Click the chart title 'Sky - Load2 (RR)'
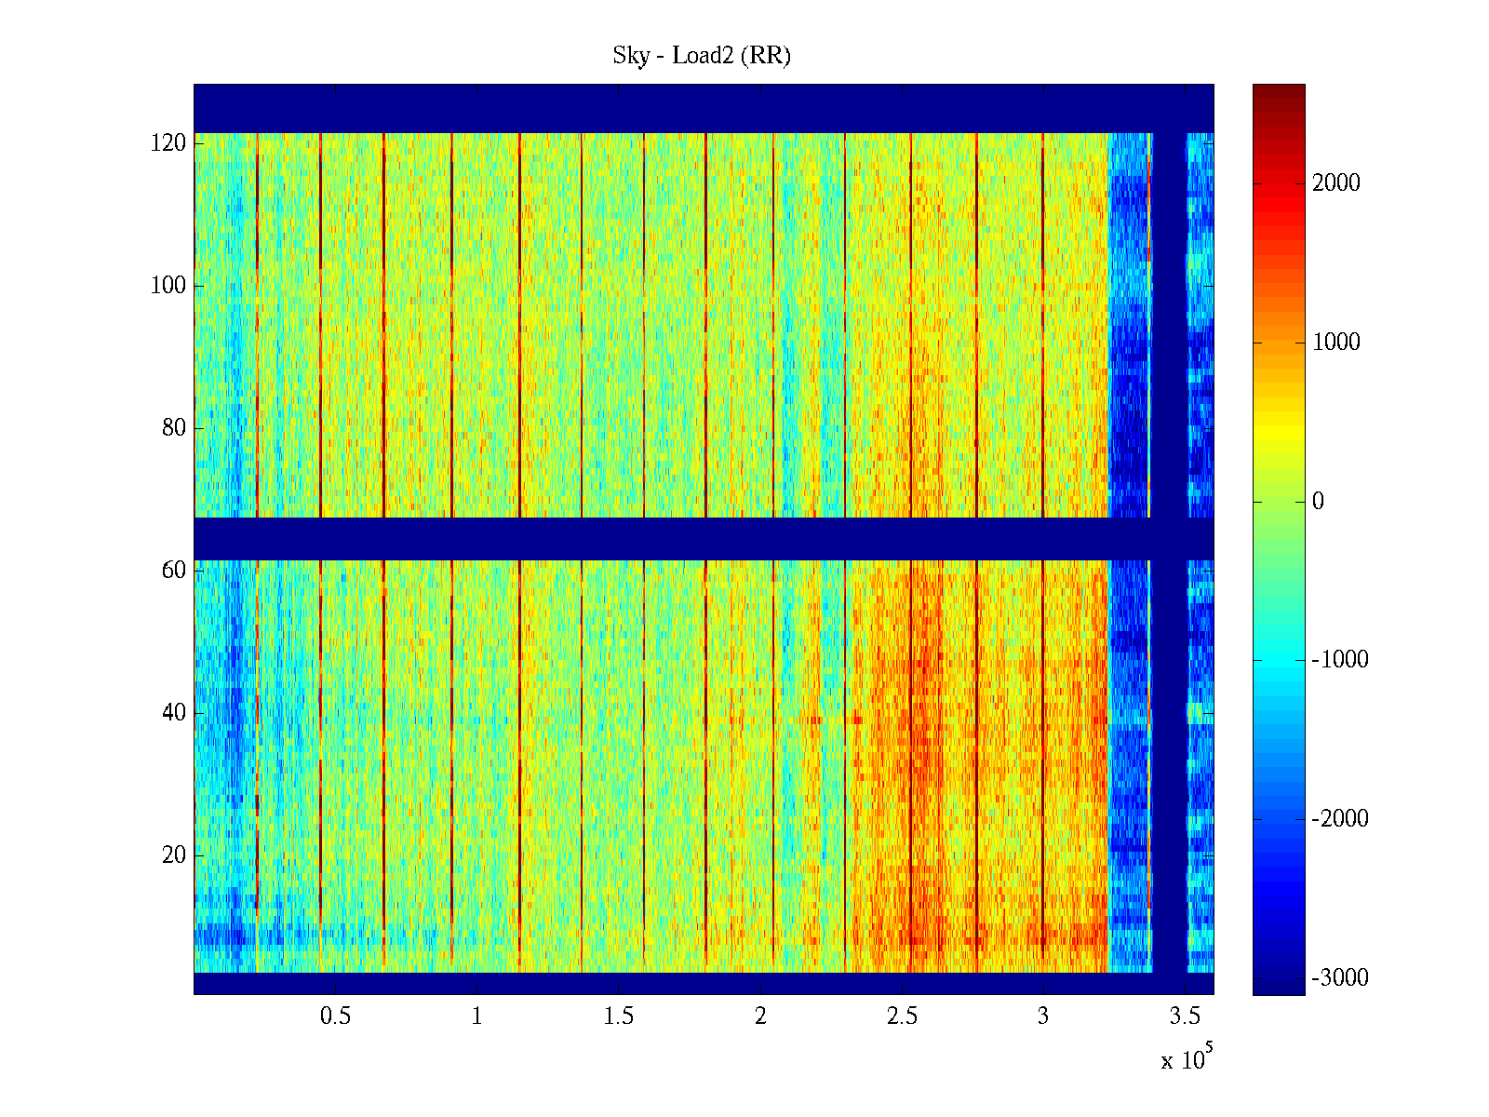pos(702,56)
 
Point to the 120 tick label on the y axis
pos(168,143)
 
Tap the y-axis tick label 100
pos(168,286)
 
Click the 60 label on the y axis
pos(173,571)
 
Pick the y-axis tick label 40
pos(173,713)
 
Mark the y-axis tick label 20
pos(173,855)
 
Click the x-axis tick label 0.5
pos(335,1016)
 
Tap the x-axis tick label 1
pos(476,1016)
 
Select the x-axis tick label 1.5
pos(618,1016)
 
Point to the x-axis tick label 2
pos(760,1016)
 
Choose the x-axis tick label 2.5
pos(902,1016)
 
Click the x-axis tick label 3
pos(1043,1016)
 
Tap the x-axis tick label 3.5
pos(1185,1016)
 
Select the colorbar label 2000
pos(1336,183)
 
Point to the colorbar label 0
pos(1318,502)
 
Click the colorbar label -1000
pos(1340,660)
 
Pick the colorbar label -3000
pos(1340,978)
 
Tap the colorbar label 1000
pos(1336,343)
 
